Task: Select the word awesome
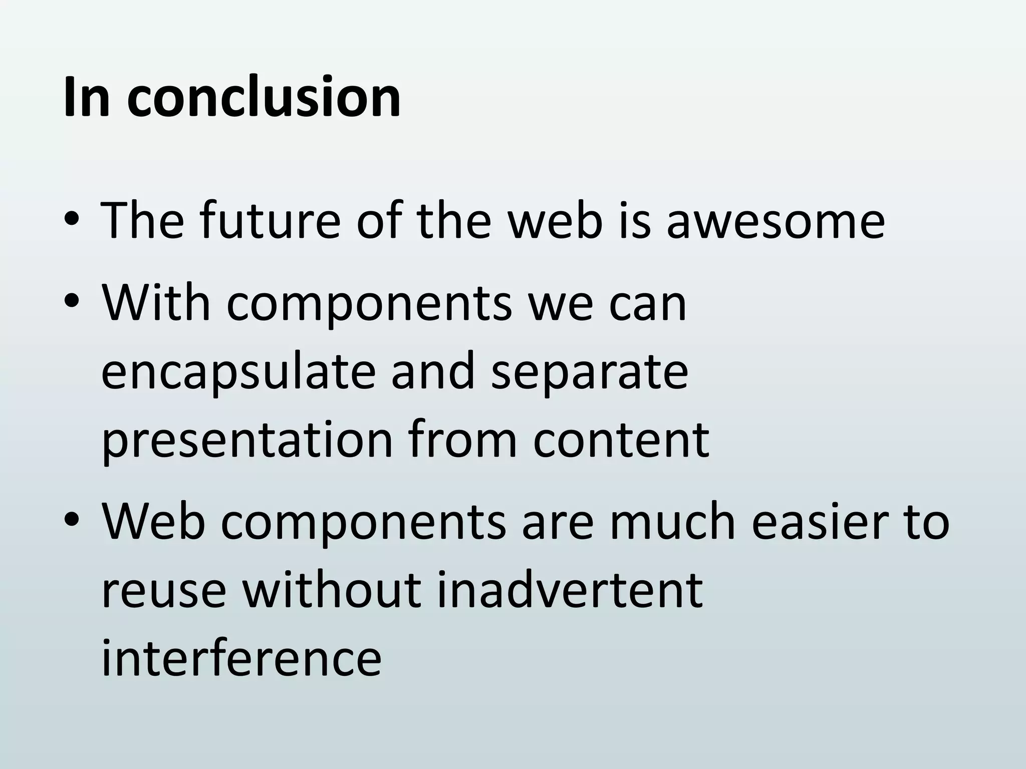(x=776, y=220)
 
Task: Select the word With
(x=156, y=303)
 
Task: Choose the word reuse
(x=163, y=591)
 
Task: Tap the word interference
(x=241, y=658)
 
